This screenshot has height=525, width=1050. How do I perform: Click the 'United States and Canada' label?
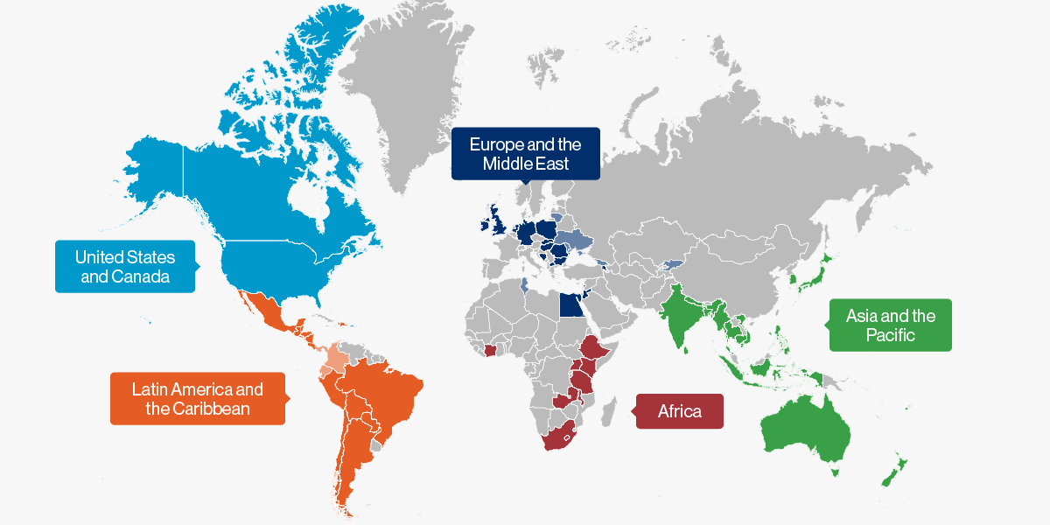[x=125, y=267]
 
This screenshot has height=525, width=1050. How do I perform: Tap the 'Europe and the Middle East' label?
[x=525, y=153]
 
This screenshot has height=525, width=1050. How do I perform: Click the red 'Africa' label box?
[x=680, y=410]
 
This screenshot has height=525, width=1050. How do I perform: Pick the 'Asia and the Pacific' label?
[x=890, y=325]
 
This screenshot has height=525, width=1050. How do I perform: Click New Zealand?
[x=894, y=473]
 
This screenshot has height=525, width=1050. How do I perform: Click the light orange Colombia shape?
[x=336, y=359]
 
